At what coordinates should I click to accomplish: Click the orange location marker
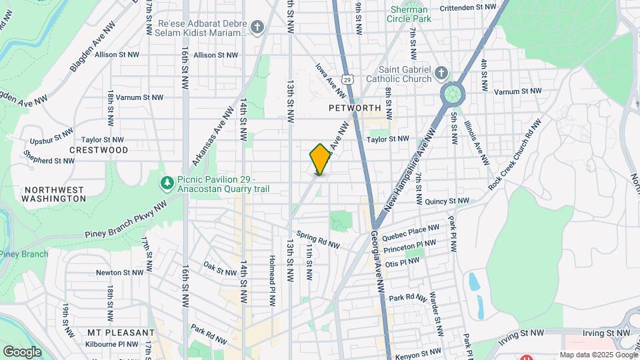320,159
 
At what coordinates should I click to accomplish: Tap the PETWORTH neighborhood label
354,107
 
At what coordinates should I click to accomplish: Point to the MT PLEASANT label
121,332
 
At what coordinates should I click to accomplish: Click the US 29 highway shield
347,79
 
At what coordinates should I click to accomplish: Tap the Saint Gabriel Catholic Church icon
441,72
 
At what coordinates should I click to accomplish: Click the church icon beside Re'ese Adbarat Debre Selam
258,27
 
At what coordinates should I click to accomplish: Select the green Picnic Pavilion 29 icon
165,181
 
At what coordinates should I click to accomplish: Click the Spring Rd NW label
319,239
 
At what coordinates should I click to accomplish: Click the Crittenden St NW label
469,7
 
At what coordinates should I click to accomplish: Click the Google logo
23,351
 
